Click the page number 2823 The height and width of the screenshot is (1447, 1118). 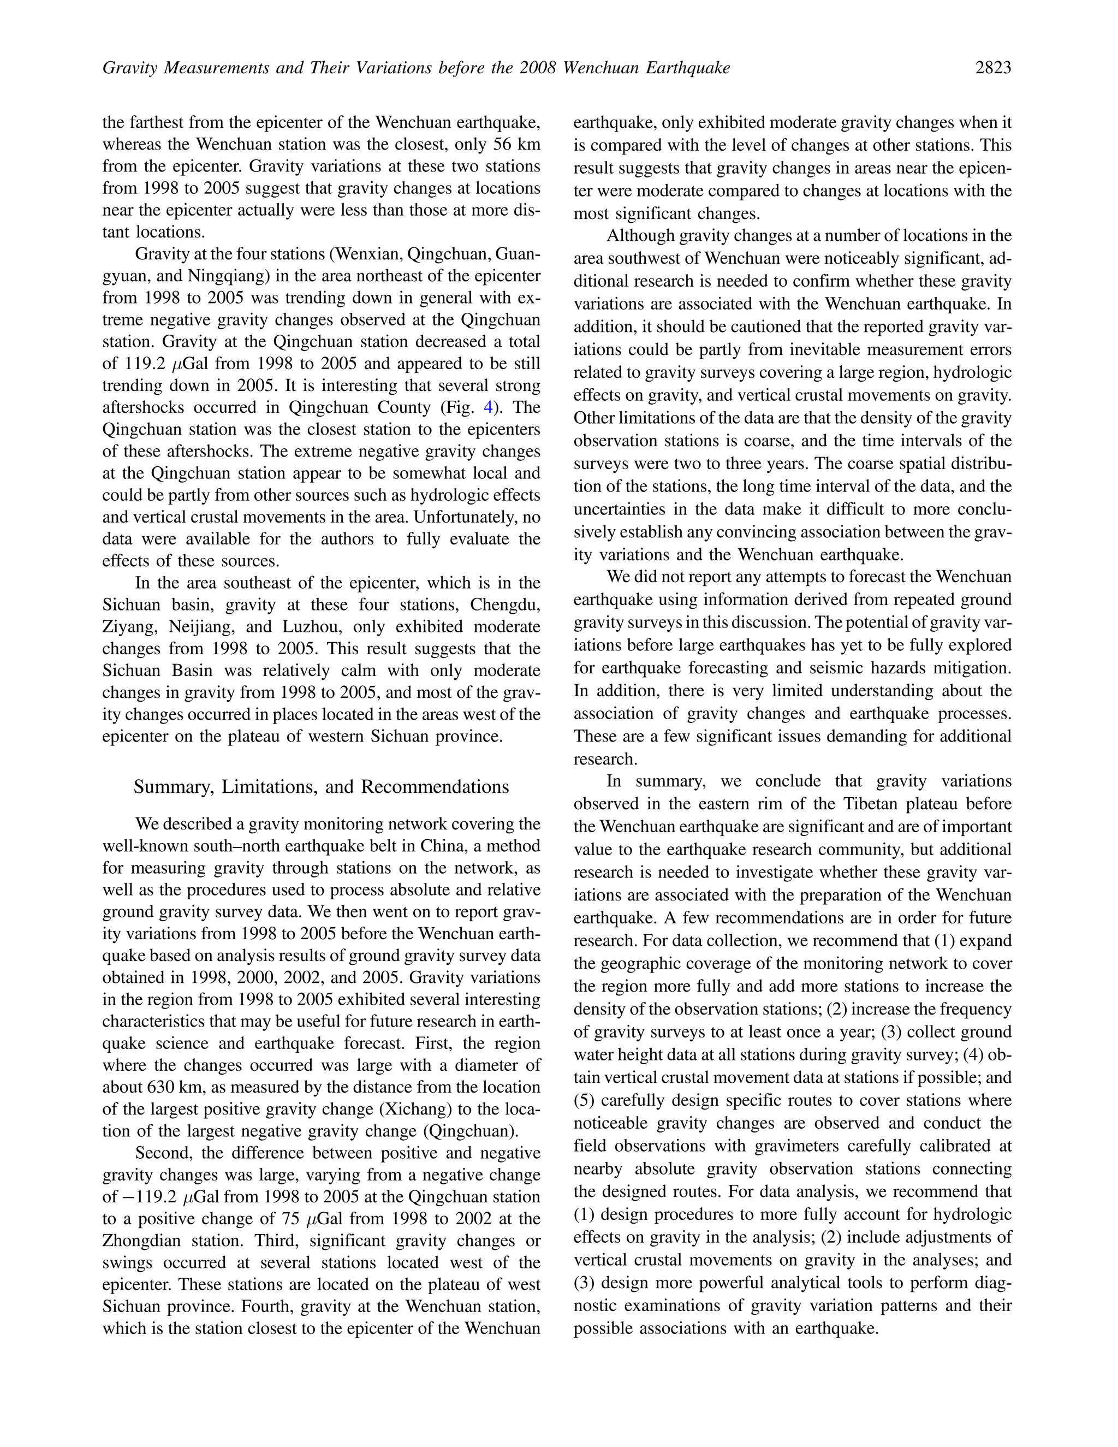993,68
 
